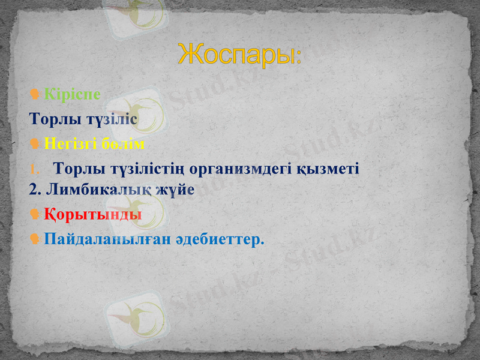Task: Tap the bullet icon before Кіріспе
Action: [x=35, y=94]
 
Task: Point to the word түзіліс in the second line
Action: [x=113, y=119]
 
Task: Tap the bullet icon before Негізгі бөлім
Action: [x=35, y=144]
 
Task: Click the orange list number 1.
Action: [x=35, y=170]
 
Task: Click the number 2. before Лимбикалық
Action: [x=35, y=190]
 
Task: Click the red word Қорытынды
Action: [x=93, y=214]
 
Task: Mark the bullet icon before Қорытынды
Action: [x=35, y=214]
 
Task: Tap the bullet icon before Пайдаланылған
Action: [x=35, y=239]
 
